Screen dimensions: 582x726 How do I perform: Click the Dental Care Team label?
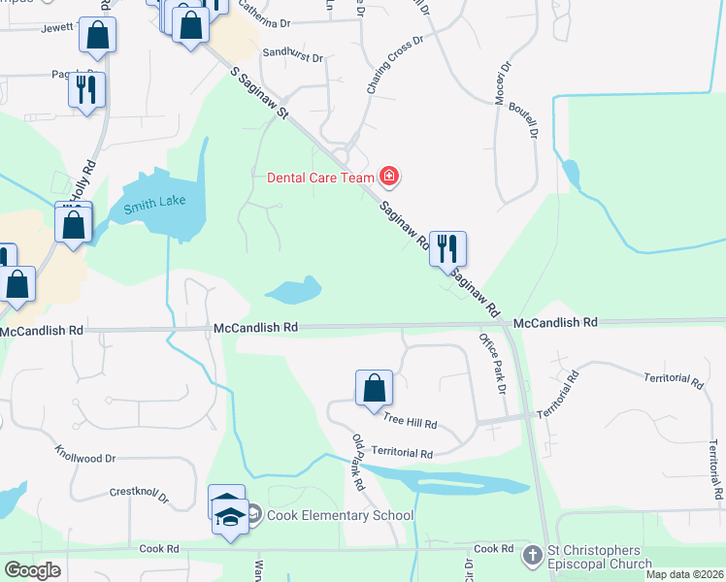321,177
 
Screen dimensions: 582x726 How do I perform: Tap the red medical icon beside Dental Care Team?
389,176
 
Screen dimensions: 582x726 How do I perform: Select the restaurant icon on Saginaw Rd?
447,248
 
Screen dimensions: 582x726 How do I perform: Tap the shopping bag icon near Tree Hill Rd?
374,388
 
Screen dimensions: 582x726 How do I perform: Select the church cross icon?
532,555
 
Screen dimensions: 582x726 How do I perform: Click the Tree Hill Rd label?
411,423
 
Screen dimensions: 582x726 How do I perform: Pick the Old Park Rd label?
358,462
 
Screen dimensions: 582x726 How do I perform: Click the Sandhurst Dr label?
292,54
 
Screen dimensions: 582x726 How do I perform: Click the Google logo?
32,569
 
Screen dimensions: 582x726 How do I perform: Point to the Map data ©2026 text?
684,574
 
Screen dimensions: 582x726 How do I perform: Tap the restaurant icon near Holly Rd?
86,89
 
